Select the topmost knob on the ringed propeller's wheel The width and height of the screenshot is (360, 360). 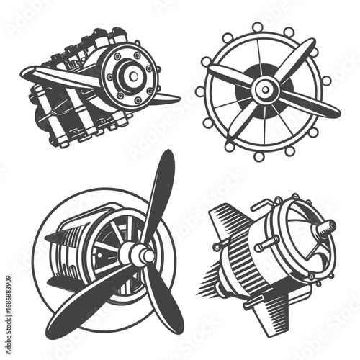click(257, 27)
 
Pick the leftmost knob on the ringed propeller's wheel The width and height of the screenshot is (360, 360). click(200, 91)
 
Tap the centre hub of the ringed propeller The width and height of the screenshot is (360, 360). click(266, 89)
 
